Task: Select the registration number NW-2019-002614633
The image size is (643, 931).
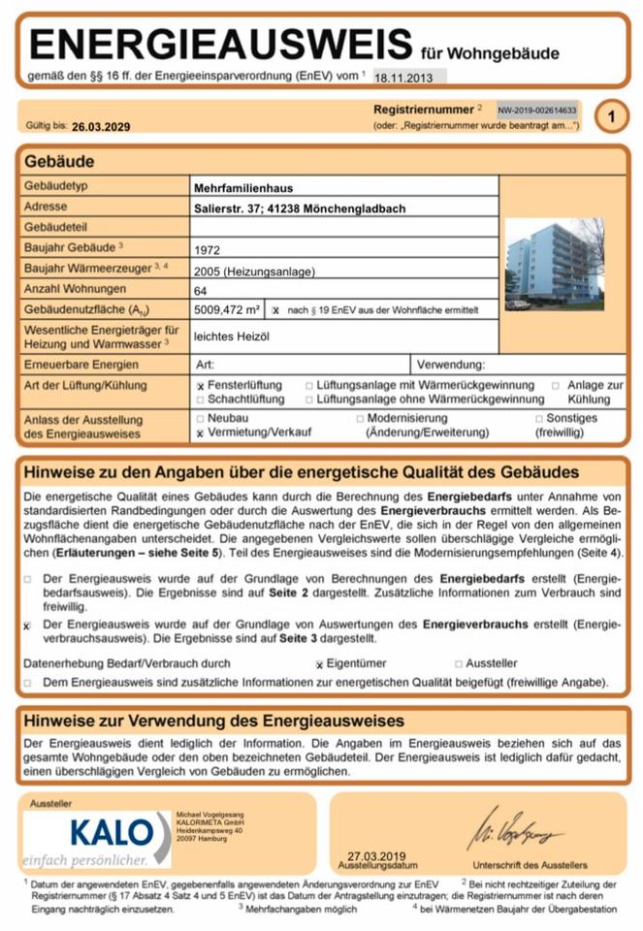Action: [537, 111]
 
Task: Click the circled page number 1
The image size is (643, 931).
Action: [611, 117]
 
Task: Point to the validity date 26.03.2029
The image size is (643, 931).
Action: [101, 126]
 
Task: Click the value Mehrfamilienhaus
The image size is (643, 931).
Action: [242, 187]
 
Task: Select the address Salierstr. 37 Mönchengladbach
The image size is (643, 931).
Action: [299, 208]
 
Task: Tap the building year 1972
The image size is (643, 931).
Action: [208, 249]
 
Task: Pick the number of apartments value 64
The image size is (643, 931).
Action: [201, 290]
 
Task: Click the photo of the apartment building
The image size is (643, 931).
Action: [554, 264]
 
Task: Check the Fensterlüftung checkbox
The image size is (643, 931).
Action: [201, 386]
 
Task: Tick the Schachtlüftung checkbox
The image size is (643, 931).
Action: [201, 399]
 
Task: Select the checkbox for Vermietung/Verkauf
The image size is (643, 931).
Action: [201, 433]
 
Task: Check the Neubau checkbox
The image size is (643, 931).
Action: [201, 418]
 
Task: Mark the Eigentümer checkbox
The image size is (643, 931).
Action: [319, 665]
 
